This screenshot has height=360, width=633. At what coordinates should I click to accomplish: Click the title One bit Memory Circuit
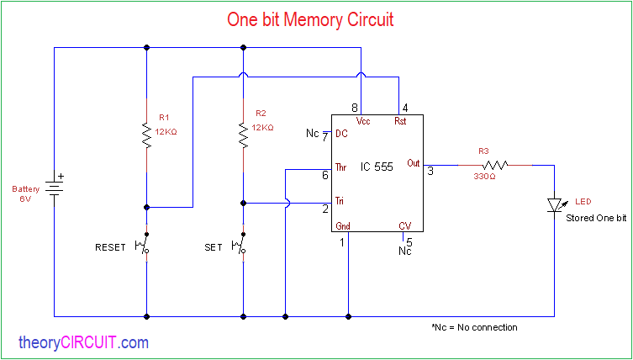tap(310, 19)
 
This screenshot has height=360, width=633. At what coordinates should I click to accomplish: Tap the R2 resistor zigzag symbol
tap(244, 135)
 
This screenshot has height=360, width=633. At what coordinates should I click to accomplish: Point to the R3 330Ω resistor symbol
tap(495, 166)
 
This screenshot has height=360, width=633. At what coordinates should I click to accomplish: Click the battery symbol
tap(55, 187)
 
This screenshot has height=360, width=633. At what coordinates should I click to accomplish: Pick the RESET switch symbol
tap(146, 247)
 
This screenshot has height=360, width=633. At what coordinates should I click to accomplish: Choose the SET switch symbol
tap(243, 247)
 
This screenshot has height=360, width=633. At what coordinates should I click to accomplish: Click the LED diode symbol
tap(554, 204)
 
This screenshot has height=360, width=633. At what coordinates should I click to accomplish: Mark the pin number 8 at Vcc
tap(355, 108)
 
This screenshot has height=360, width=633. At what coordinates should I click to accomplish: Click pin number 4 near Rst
tap(405, 108)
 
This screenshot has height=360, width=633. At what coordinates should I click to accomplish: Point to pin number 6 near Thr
tap(324, 175)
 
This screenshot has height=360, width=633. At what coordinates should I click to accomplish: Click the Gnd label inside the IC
tap(343, 225)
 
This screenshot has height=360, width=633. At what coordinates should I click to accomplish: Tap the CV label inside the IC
tap(404, 225)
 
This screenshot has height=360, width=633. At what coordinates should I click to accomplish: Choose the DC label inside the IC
tap(341, 133)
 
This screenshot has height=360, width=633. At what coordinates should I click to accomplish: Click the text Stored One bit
tap(596, 218)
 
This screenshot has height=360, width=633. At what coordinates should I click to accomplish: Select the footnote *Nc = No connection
tap(473, 327)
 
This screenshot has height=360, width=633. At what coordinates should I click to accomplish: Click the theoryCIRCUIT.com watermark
tap(83, 342)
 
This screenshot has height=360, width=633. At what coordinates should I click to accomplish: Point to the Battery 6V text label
tap(25, 194)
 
